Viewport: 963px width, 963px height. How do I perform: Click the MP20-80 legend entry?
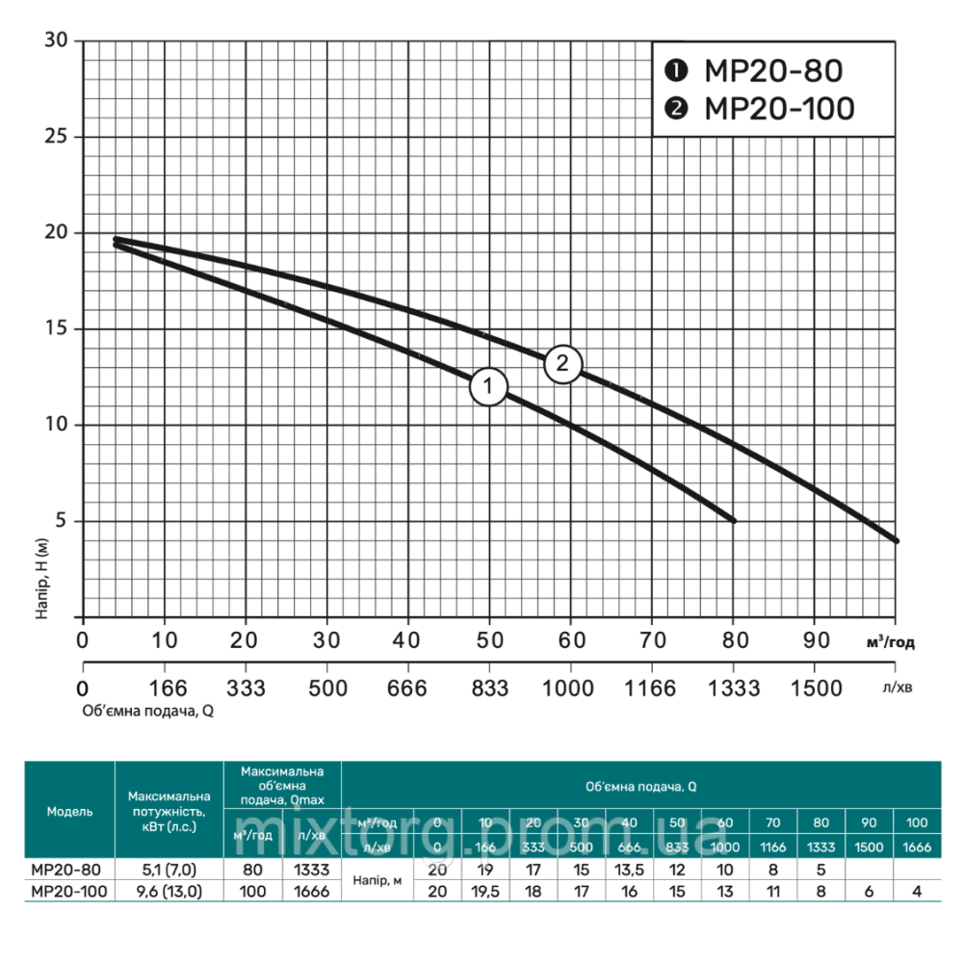click(756, 71)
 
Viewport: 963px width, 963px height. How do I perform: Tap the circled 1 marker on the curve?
click(488, 387)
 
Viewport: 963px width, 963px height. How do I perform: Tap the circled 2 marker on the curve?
click(563, 364)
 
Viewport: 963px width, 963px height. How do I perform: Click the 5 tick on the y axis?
click(65, 522)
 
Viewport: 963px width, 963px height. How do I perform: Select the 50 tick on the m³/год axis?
click(489, 638)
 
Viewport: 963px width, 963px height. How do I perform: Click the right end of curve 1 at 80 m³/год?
click(733, 520)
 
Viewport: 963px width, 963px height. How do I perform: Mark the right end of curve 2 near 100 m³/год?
click(896, 540)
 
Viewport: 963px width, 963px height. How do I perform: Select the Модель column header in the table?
click(69, 811)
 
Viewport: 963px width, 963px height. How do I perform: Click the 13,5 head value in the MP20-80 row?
click(629, 869)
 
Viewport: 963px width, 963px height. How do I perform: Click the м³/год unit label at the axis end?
click(890, 643)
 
